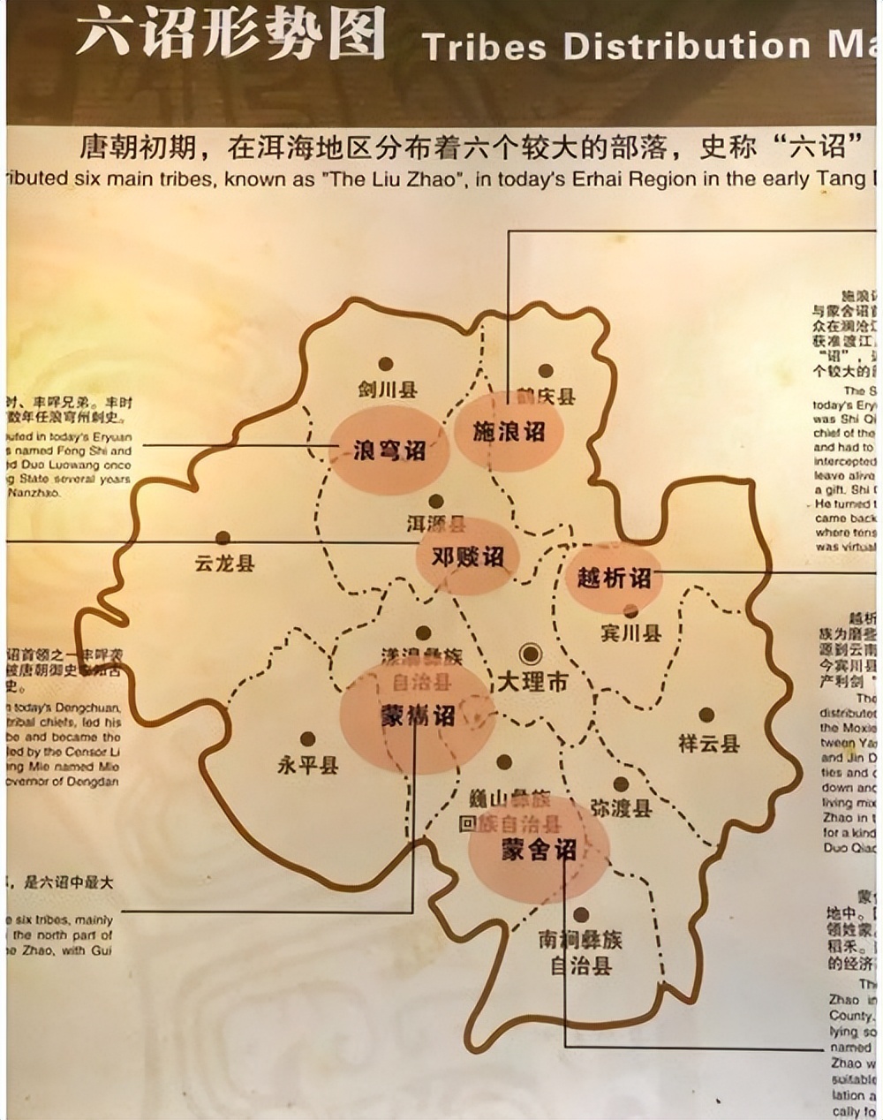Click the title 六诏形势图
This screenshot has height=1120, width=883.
click(230, 35)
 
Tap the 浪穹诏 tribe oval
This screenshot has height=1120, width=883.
click(389, 450)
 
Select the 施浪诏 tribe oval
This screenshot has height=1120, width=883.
click(509, 432)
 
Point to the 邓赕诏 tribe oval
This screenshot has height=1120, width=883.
click(467, 556)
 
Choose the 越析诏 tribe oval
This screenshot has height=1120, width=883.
click(614, 578)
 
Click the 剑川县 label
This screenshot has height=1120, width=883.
click(387, 390)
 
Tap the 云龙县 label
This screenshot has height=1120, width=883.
click(224, 563)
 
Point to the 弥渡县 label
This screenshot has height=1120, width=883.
click(621, 808)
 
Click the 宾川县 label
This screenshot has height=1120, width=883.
click(630, 633)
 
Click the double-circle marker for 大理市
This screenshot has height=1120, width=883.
click(531, 654)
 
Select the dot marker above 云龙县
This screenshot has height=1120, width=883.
click(223, 538)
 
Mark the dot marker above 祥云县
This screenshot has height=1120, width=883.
click(706, 715)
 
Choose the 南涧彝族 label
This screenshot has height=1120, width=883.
click(580, 940)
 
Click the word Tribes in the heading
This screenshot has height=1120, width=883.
click(485, 46)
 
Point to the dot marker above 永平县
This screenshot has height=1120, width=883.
click(307, 738)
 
